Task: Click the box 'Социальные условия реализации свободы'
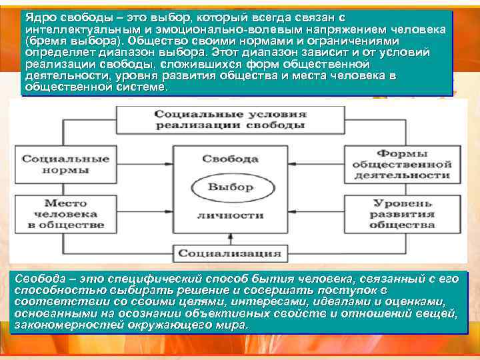[x=230, y=119]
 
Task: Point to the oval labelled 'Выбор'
[x=231, y=187]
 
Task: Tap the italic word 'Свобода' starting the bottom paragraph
[x=37, y=279]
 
